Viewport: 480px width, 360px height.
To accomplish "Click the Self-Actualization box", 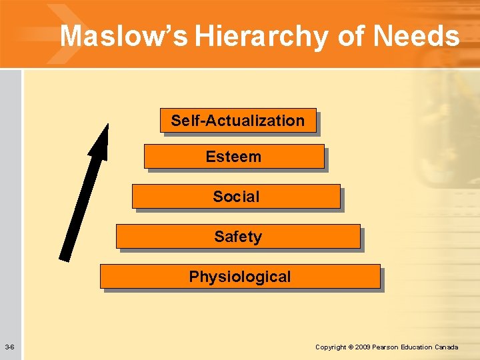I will (238, 121).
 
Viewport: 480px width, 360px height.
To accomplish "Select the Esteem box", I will (234, 157).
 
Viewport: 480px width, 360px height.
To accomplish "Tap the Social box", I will (236, 197).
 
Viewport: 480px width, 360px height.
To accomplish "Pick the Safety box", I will (238, 237).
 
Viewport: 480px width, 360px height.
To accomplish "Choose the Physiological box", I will (240, 277).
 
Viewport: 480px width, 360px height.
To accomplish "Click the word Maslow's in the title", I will (124, 36).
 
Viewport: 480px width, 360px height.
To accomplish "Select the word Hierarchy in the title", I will (263, 36).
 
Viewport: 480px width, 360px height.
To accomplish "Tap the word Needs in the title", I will (417, 36).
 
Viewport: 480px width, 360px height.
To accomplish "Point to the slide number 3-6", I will (10, 347).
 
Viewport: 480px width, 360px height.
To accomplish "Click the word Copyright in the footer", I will (331, 347).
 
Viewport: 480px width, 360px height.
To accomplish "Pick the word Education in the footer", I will (417, 347).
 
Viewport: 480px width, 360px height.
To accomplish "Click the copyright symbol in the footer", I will (351, 347).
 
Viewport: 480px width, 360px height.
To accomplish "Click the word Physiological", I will (240, 277).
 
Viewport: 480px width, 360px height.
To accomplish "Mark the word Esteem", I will (233, 157).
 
